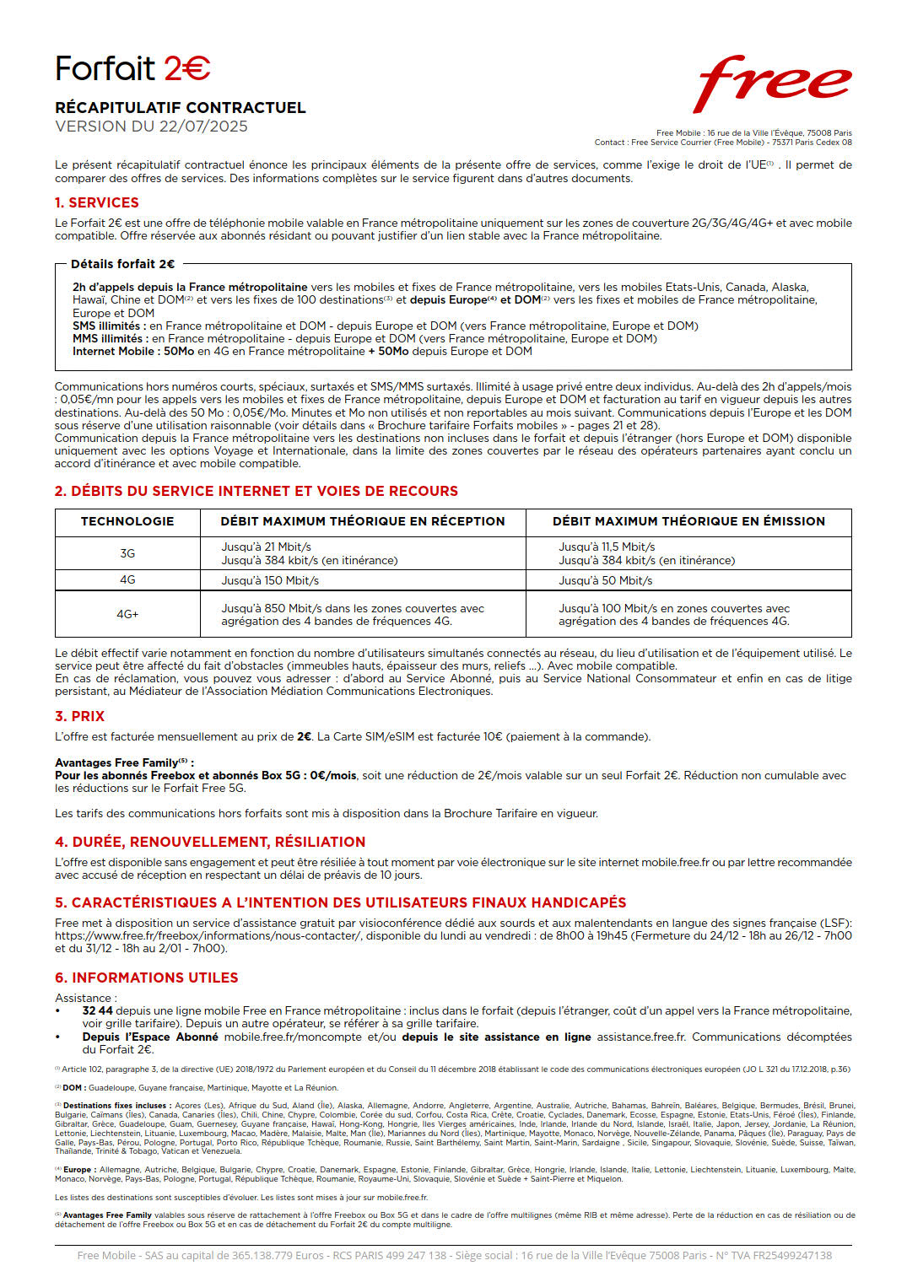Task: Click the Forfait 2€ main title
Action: (132, 68)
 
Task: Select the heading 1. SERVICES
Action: (97, 202)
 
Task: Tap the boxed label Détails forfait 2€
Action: (123, 264)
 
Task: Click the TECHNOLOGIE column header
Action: (127, 521)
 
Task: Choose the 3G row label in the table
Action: (127, 553)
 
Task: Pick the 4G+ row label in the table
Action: (127, 614)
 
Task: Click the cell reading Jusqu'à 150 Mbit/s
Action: (270, 580)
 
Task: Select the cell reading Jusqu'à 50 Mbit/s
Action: (605, 580)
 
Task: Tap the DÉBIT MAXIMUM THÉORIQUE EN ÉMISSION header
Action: (688, 521)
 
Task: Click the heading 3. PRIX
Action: (80, 716)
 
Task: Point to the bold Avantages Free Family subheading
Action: (123, 762)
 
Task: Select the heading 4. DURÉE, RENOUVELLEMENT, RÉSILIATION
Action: (210, 842)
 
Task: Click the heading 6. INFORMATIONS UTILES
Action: (147, 978)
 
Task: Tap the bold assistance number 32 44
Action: (97, 1010)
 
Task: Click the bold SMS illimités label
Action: (106, 326)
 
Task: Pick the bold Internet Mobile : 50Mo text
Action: (132, 351)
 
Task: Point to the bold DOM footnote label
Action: (73, 1088)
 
